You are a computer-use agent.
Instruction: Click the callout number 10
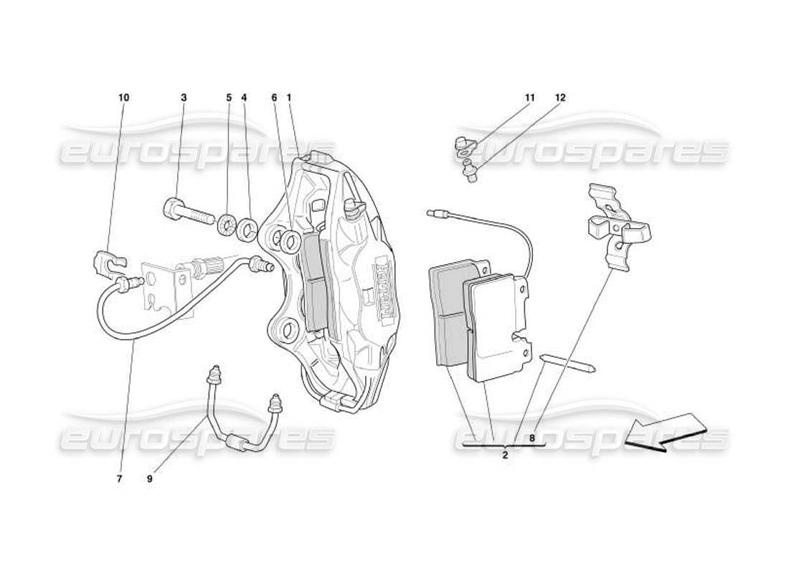click(124, 98)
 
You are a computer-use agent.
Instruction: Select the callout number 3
click(184, 98)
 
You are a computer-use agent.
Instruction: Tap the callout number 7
click(120, 479)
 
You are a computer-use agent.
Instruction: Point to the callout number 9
click(150, 479)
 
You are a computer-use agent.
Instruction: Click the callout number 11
click(529, 98)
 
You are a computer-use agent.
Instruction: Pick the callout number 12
click(560, 98)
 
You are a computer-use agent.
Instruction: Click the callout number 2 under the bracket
click(505, 455)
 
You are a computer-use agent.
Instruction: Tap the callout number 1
click(288, 98)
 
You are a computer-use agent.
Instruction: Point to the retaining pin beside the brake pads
click(567, 363)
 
